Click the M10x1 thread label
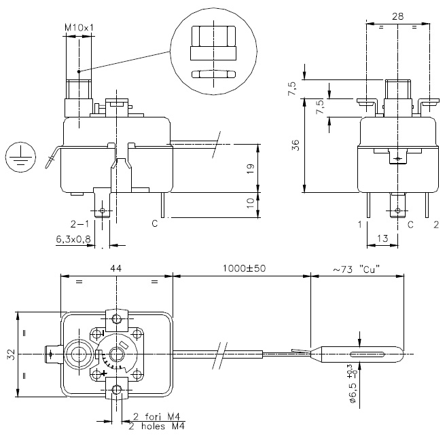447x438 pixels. (78, 27)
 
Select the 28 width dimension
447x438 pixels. (397, 15)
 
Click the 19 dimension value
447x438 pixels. (250, 170)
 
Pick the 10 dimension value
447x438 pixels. (250, 202)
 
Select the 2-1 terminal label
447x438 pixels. (79, 223)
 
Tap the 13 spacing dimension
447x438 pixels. (382, 238)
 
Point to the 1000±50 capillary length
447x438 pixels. (242, 269)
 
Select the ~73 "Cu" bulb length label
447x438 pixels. (356, 269)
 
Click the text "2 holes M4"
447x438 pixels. (157, 426)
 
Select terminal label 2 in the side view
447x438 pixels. (435, 223)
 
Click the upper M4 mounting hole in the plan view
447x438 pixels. (118, 318)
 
